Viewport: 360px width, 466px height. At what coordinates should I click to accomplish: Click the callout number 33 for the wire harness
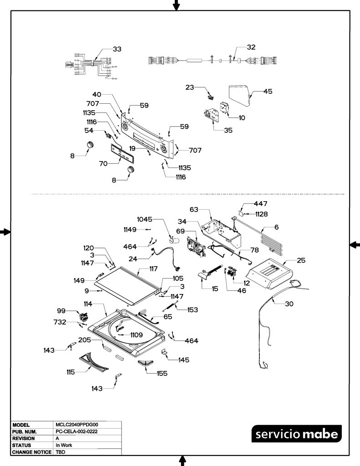(x=117, y=49)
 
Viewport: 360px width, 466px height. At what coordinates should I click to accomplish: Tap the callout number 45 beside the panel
(x=268, y=91)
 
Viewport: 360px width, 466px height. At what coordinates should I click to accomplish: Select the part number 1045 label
(x=144, y=219)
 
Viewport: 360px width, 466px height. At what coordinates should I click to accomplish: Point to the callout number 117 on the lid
(x=153, y=269)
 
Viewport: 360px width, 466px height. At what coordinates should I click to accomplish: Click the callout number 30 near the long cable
(x=289, y=304)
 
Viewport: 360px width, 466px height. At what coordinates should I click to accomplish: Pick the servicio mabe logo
(x=296, y=434)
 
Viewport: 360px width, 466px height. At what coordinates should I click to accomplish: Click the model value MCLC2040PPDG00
(x=77, y=425)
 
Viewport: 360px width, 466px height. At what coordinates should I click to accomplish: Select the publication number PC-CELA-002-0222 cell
(x=76, y=431)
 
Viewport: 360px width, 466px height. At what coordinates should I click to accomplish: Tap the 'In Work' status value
(x=64, y=445)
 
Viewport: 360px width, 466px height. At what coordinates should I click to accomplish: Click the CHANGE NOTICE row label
(x=32, y=452)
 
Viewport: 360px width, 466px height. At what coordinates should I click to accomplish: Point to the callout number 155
(x=162, y=374)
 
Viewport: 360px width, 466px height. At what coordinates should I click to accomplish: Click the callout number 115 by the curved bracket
(x=71, y=372)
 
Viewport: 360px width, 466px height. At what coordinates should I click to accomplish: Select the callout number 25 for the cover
(x=301, y=260)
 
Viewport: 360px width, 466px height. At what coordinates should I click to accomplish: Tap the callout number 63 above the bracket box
(x=194, y=209)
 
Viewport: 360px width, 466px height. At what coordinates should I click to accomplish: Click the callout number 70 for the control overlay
(x=103, y=163)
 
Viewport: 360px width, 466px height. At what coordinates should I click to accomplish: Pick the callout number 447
(x=260, y=203)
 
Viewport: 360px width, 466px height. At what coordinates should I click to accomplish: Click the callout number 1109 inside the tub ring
(x=137, y=335)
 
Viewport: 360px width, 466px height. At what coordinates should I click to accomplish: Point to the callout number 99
(x=61, y=310)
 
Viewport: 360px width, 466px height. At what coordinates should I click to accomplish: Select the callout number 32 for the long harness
(x=251, y=47)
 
